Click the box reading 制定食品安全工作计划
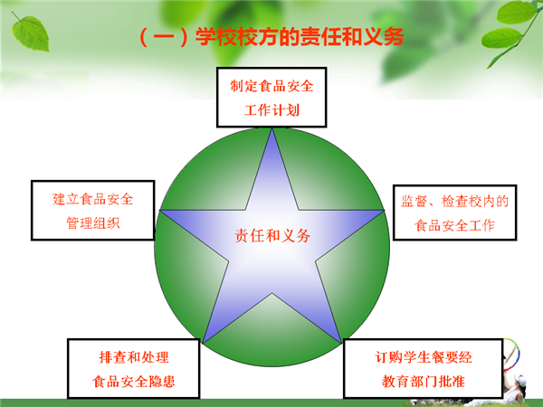pyautogui.click(x=271, y=98)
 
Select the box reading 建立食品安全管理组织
pyautogui.click(x=93, y=210)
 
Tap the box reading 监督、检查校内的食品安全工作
pyautogui.click(x=454, y=213)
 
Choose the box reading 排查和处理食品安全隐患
pyautogui.click(x=134, y=368)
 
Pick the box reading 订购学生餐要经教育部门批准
pyautogui.click(x=424, y=368)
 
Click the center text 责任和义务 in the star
pyautogui.click(x=272, y=236)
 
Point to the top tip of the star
pyautogui.click(x=272, y=128)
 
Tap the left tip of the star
pyautogui.click(x=160, y=210)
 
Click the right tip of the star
pyautogui.click(x=384, y=210)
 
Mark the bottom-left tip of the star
pyautogui.click(x=204, y=342)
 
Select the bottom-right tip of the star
pyautogui.click(x=341, y=342)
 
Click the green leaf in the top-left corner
pyautogui.click(x=30, y=33)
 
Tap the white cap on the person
pyautogui.click(x=519, y=380)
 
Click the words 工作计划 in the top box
pyautogui.click(x=271, y=110)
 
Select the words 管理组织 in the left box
pyautogui.click(x=93, y=223)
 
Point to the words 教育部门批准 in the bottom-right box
pyautogui.click(x=424, y=382)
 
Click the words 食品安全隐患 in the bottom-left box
pyautogui.click(x=134, y=382)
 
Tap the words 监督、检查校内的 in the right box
pyautogui.click(x=454, y=201)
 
